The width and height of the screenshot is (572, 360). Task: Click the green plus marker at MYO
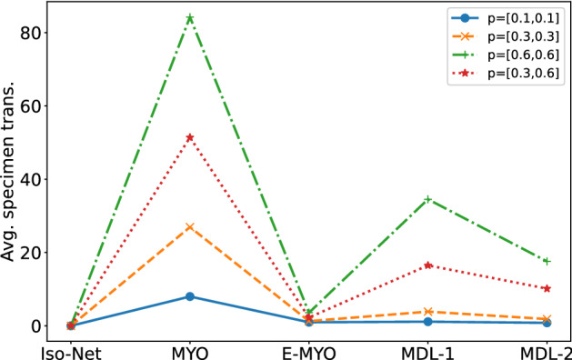tap(190, 18)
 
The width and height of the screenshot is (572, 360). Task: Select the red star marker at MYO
tap(190, 137)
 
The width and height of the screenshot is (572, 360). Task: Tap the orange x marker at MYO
tap(190, 226)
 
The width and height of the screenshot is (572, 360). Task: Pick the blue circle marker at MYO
tap(190, 296)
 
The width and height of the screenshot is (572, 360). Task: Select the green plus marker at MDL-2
tap(547, 261)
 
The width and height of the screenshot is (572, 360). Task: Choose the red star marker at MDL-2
tap(547, 288)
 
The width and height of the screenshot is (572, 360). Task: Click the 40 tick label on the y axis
tap(35, 179)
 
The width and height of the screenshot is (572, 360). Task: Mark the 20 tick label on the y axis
tap(35, 253)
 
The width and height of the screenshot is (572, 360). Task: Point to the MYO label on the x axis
tap(190, 348)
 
